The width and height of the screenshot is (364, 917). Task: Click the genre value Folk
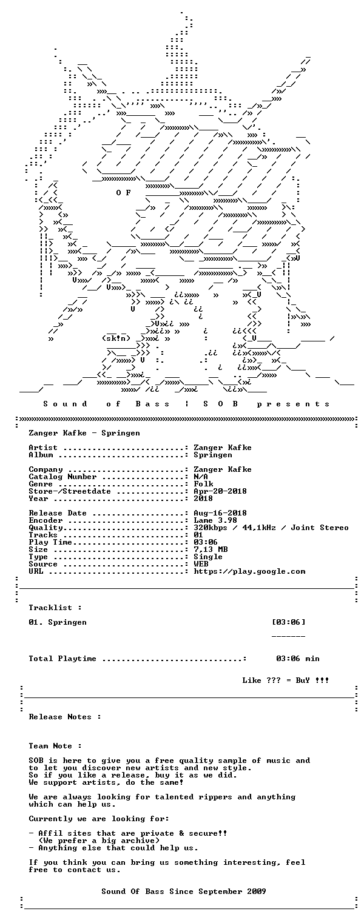(203, 484)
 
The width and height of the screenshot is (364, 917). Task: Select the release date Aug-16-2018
(220, 513)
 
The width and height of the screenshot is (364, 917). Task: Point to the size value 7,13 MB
(211, 549)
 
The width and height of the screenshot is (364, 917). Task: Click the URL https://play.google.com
(249, 571)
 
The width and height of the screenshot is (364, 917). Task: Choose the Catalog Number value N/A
(201, 477)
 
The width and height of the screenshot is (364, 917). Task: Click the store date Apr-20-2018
(220, 491)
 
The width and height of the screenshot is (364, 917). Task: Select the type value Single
(208, 557)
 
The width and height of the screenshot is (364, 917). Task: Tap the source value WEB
(201, 564)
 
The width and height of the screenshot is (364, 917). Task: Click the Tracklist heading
(55, 608)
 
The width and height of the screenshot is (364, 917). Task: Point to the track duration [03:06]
(288, 622)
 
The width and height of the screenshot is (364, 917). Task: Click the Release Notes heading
(65, 717)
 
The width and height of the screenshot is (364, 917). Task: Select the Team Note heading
(55, 746)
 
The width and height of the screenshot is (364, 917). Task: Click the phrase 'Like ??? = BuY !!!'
(285, 680)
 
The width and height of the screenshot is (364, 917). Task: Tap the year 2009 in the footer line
(256, 891)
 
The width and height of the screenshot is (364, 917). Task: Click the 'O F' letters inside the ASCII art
(123, 192)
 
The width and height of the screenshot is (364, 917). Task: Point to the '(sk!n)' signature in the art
(116, 338)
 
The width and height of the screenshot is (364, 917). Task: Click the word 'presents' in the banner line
(293, 404)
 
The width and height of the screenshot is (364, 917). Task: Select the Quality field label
(45, 528)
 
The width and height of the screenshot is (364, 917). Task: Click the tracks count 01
(198, 535)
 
